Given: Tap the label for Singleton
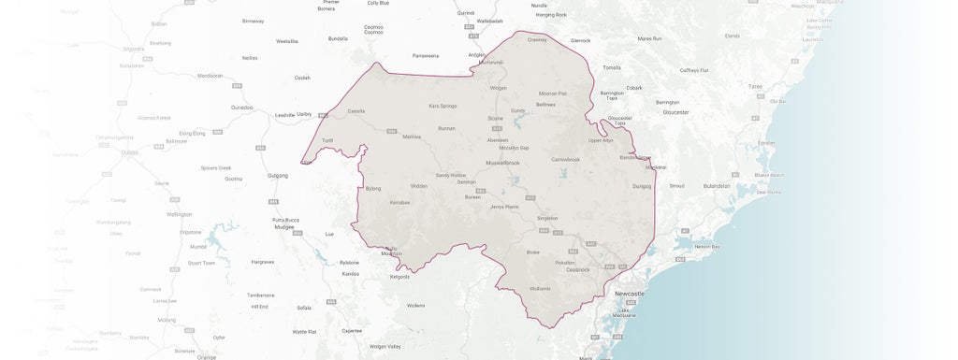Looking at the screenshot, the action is pyautogui.click(x=547, y=218).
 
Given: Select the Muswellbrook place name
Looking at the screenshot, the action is pyautogui.click(x=502, y=163).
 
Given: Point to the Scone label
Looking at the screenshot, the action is pyautogui.click(x=495, y=119).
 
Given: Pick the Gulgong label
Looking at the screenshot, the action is pyautogui.click(x=277, y=175).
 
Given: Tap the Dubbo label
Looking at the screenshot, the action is pyautogui.click(x=130, y=151).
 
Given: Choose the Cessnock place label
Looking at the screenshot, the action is pyautogui.click(x=577, y=270).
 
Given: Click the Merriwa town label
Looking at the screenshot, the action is pyautogui.click(x=412, y=137).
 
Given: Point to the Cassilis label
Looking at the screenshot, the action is pyautogui.click(x=356, y=110).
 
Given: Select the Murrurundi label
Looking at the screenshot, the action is pyautogui.click(x=491, y=62).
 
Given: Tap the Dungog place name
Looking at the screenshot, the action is pyautogui.click(x=642, y=186).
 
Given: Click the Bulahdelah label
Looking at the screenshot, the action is pyautogui.click(x=717, y=185).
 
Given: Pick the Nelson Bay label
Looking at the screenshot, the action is pyautogui.click(x=708, y=247).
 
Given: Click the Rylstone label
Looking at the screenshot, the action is pyautogui.click(x=349, y=262).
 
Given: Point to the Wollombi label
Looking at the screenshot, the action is pyautogui.click(x=541, y=288).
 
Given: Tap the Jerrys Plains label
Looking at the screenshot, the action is pyautogui.click(x=504, y=206).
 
